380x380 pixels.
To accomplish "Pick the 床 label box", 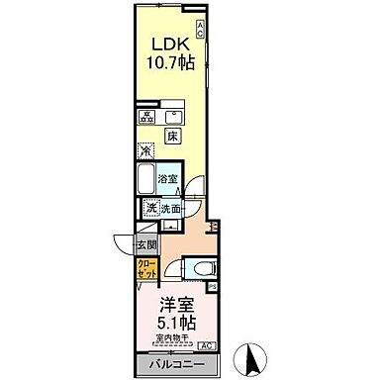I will tap(170, 133).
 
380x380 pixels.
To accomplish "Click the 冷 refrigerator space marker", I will tap(145, 151).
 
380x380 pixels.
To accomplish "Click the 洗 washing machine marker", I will tap(151, 209).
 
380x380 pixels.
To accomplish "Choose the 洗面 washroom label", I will tap(172, 209).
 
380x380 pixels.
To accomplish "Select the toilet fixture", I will tap(202, 266).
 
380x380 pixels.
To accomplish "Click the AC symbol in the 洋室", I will tap(206, 344).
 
